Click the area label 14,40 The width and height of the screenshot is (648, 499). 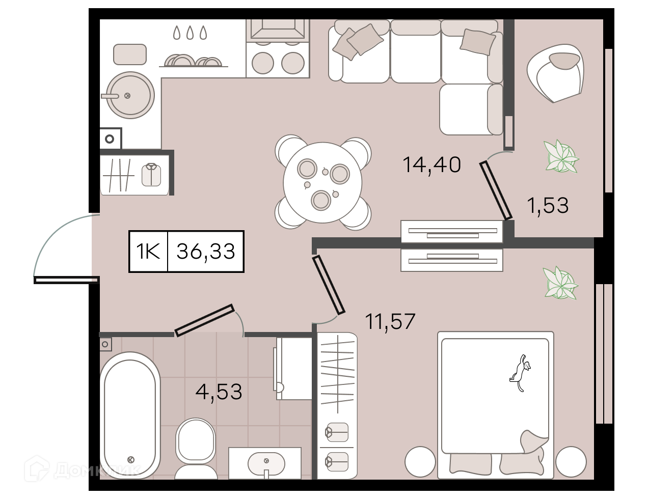431,165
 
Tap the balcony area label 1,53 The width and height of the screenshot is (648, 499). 548,206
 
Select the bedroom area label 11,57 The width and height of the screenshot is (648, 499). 390,321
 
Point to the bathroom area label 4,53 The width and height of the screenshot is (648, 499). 219,392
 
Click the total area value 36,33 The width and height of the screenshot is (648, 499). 206,252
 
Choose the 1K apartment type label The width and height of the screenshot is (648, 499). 148,252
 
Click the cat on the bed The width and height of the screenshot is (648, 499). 520,373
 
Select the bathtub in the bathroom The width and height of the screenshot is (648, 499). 130,415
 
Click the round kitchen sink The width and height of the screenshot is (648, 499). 130,95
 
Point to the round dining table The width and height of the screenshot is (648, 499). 322,182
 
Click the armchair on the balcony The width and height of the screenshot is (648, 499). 555,73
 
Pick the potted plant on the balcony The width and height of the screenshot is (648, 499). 561,156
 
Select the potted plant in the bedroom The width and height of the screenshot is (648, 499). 560,283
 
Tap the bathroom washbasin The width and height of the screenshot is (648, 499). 266,463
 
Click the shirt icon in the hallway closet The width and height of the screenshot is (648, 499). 151,175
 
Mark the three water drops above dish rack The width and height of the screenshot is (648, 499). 190,33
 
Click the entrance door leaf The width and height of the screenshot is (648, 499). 66,280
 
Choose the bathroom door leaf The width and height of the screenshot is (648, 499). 204,320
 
